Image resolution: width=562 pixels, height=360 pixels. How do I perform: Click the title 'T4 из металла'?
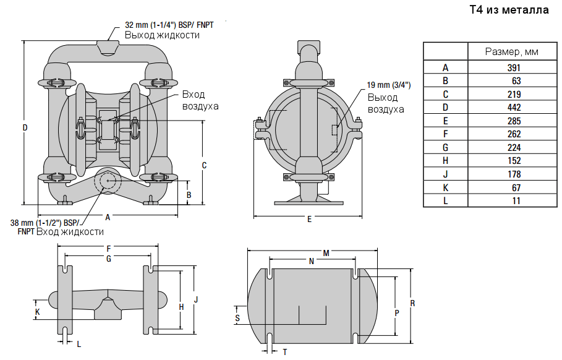[x=509, y=10]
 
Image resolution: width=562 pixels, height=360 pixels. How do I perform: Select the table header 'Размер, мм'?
[x=511, y=51]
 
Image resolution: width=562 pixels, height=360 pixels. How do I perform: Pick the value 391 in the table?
[x=514, y=68]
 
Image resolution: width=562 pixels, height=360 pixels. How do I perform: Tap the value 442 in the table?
[x=514, y=108]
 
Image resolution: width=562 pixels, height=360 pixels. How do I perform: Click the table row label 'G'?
[x=445, y=147]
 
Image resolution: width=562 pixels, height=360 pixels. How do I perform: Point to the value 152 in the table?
[x=514, y=161]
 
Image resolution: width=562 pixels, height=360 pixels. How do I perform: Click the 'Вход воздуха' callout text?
[x=200, y=100]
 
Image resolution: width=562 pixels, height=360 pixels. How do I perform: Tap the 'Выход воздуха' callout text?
[x=386, y=103]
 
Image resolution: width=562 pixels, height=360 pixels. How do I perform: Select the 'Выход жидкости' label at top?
[x=162, y=35]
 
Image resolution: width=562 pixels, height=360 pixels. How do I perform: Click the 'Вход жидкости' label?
[x=70, y=231]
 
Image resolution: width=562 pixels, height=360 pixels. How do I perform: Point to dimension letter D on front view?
[x=25, y=128]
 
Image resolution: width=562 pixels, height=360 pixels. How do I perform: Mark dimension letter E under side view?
[x=309, y=219]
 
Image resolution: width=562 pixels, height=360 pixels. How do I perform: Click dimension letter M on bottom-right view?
[x=326, y=253]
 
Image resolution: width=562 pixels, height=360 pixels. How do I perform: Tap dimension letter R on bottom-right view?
[x=412, y=303]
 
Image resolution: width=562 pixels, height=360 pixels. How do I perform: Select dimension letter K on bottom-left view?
[x=38, y=312]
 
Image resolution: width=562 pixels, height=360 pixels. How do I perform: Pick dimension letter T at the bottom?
[x=284, y=351]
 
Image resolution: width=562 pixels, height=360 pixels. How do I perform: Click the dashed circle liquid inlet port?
[x=108, y=181]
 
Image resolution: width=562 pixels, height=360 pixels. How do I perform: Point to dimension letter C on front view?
[x=204, y=165]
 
